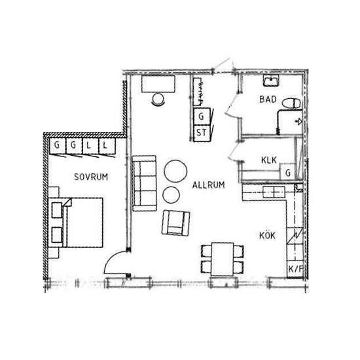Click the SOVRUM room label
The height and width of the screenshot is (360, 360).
91,177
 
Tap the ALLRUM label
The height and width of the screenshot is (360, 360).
208,185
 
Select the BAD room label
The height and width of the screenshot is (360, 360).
268,99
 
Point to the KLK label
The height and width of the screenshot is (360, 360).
269,160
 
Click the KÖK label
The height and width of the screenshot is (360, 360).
267,236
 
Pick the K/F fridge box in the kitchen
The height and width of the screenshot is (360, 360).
295,269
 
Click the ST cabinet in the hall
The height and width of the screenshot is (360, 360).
202,133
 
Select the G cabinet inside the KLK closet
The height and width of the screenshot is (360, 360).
288,172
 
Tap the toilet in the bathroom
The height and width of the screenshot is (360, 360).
291,103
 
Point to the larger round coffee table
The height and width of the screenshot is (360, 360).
175,171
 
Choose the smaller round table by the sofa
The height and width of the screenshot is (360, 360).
171,194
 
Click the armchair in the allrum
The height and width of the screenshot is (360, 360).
175,223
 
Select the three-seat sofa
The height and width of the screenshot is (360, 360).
144,183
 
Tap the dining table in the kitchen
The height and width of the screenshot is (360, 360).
223,259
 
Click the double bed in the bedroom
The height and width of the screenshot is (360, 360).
76,223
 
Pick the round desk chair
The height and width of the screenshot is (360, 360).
158,99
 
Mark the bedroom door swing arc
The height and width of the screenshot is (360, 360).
111,259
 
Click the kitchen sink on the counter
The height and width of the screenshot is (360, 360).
274,192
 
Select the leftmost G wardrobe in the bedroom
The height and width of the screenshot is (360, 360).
58,145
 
